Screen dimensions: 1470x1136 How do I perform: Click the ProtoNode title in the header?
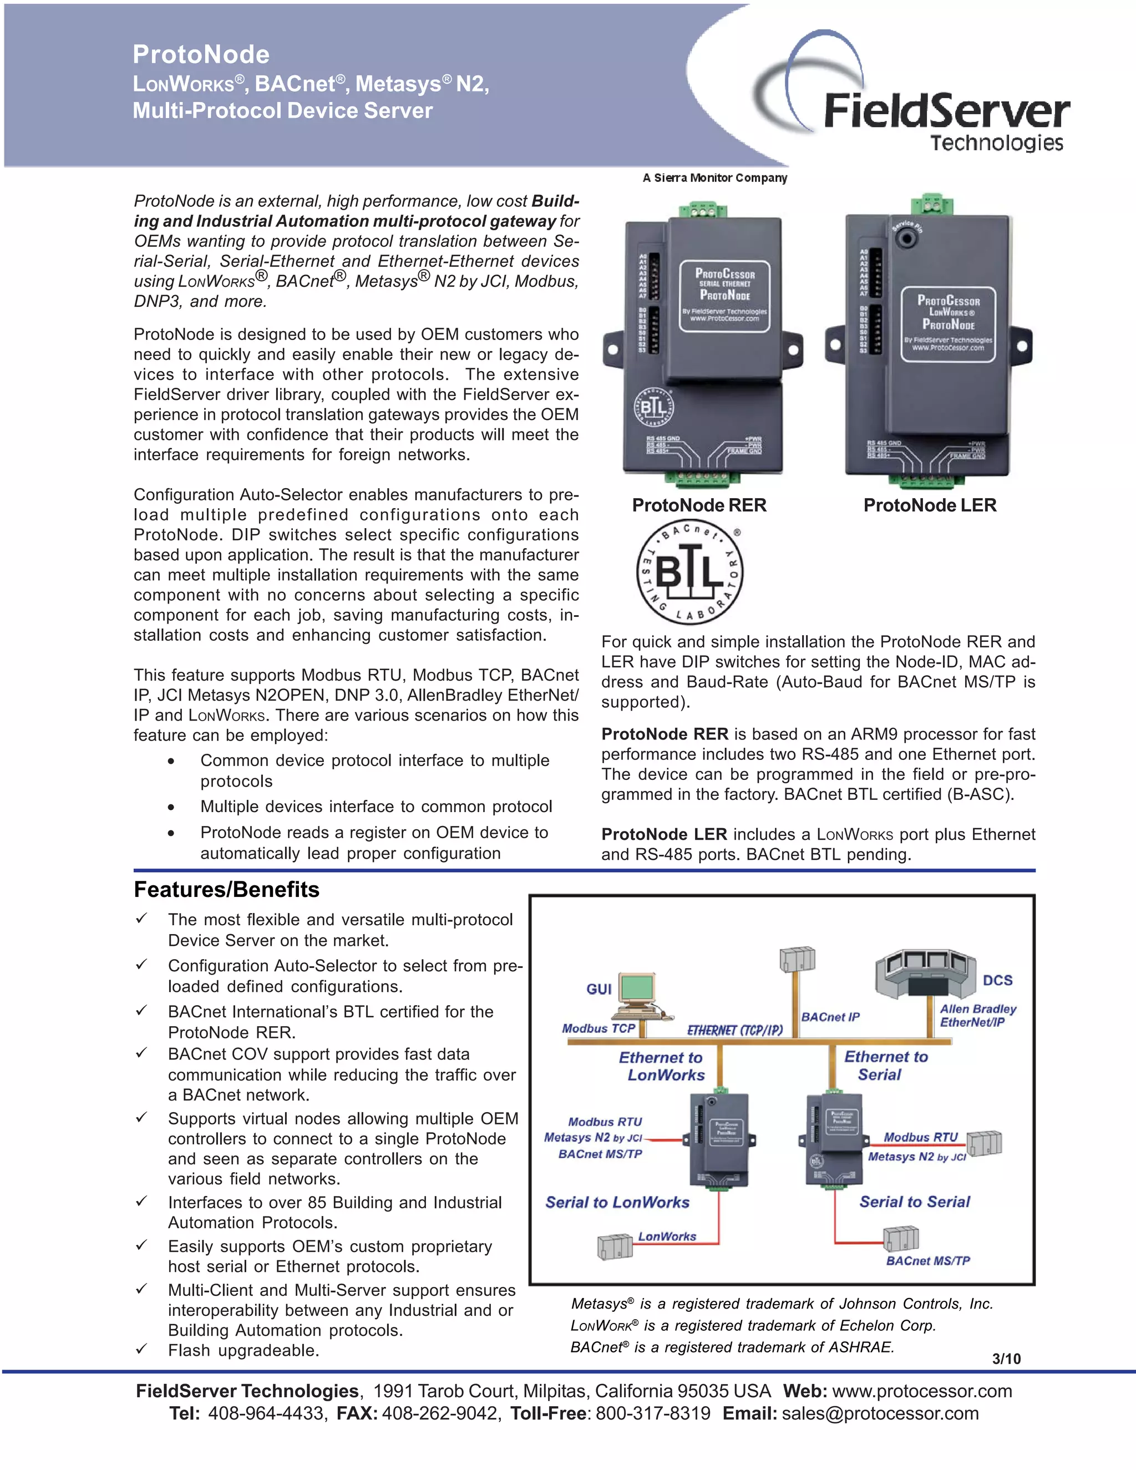pyautogui.click(x=201, y=54)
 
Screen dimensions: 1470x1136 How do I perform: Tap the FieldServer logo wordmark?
pyautogui.click(x=946, y=111)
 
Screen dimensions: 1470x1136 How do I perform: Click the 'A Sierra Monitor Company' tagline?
pyautogui.click(x=714, y=178)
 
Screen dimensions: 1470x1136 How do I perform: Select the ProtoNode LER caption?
pyautogui.click(x=930, y=505)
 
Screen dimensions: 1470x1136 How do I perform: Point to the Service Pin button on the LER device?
pyautogui.click(x=908, y=237)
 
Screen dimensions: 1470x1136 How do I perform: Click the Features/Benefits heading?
pyautogui.click(x=226, y=889)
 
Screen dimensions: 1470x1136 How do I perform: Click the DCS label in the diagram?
pyautogui.click(x=997, y=980)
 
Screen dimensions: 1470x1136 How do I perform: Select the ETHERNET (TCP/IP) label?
pyautogui.click(x=734, y=1030)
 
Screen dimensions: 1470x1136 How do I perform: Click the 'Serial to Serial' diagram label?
pyautogui.click(x=914, y=1202)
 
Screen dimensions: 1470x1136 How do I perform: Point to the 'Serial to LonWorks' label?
pyautogui.click(x=617, y=1202)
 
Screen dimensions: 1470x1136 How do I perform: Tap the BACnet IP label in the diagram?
pyautogui.click(x=830, y=1016)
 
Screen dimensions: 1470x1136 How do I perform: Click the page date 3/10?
pyautogui.click(x=1006, y=1359)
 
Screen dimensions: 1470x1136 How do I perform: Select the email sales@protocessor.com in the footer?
pyautogui.click(x=880, y=1413)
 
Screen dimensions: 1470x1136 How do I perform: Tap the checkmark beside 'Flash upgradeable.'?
pyautogui.click(x=141, y=1349)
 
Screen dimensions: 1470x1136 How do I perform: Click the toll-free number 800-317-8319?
pyautogui.click(x=652, y=1413)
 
